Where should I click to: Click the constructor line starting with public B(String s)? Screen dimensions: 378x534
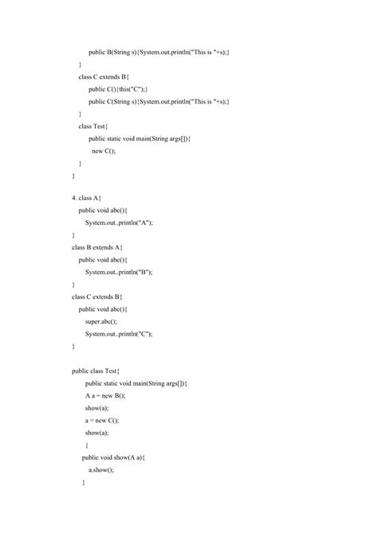coord(159,52)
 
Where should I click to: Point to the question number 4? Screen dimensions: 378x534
coord(74,197)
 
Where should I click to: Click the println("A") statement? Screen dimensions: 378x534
coord(119,222)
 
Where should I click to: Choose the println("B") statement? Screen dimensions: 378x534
coord(119,272)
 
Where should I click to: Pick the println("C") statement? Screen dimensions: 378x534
coord(119,334)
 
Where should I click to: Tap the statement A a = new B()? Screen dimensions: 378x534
coord(105,395)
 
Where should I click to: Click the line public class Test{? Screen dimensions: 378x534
coord(96,371)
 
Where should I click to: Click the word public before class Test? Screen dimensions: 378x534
coord(81,371)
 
